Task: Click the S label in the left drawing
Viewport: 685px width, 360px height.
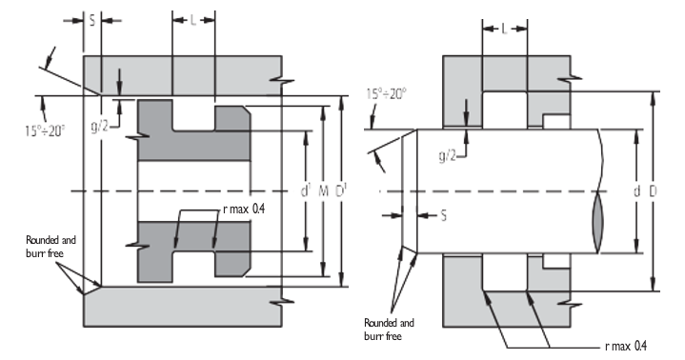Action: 92,21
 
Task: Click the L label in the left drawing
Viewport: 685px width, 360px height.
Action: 193,20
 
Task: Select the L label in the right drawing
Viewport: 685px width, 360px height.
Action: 505,30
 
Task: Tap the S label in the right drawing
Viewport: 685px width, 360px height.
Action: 443,215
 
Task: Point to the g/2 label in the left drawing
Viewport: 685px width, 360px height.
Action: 99,127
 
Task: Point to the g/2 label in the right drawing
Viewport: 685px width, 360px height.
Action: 448,155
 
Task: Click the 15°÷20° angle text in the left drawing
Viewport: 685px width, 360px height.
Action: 45,130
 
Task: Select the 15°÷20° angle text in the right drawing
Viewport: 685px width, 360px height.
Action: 386,94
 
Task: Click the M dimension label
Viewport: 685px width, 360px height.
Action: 323,190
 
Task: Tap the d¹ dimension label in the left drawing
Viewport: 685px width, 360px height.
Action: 306,190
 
